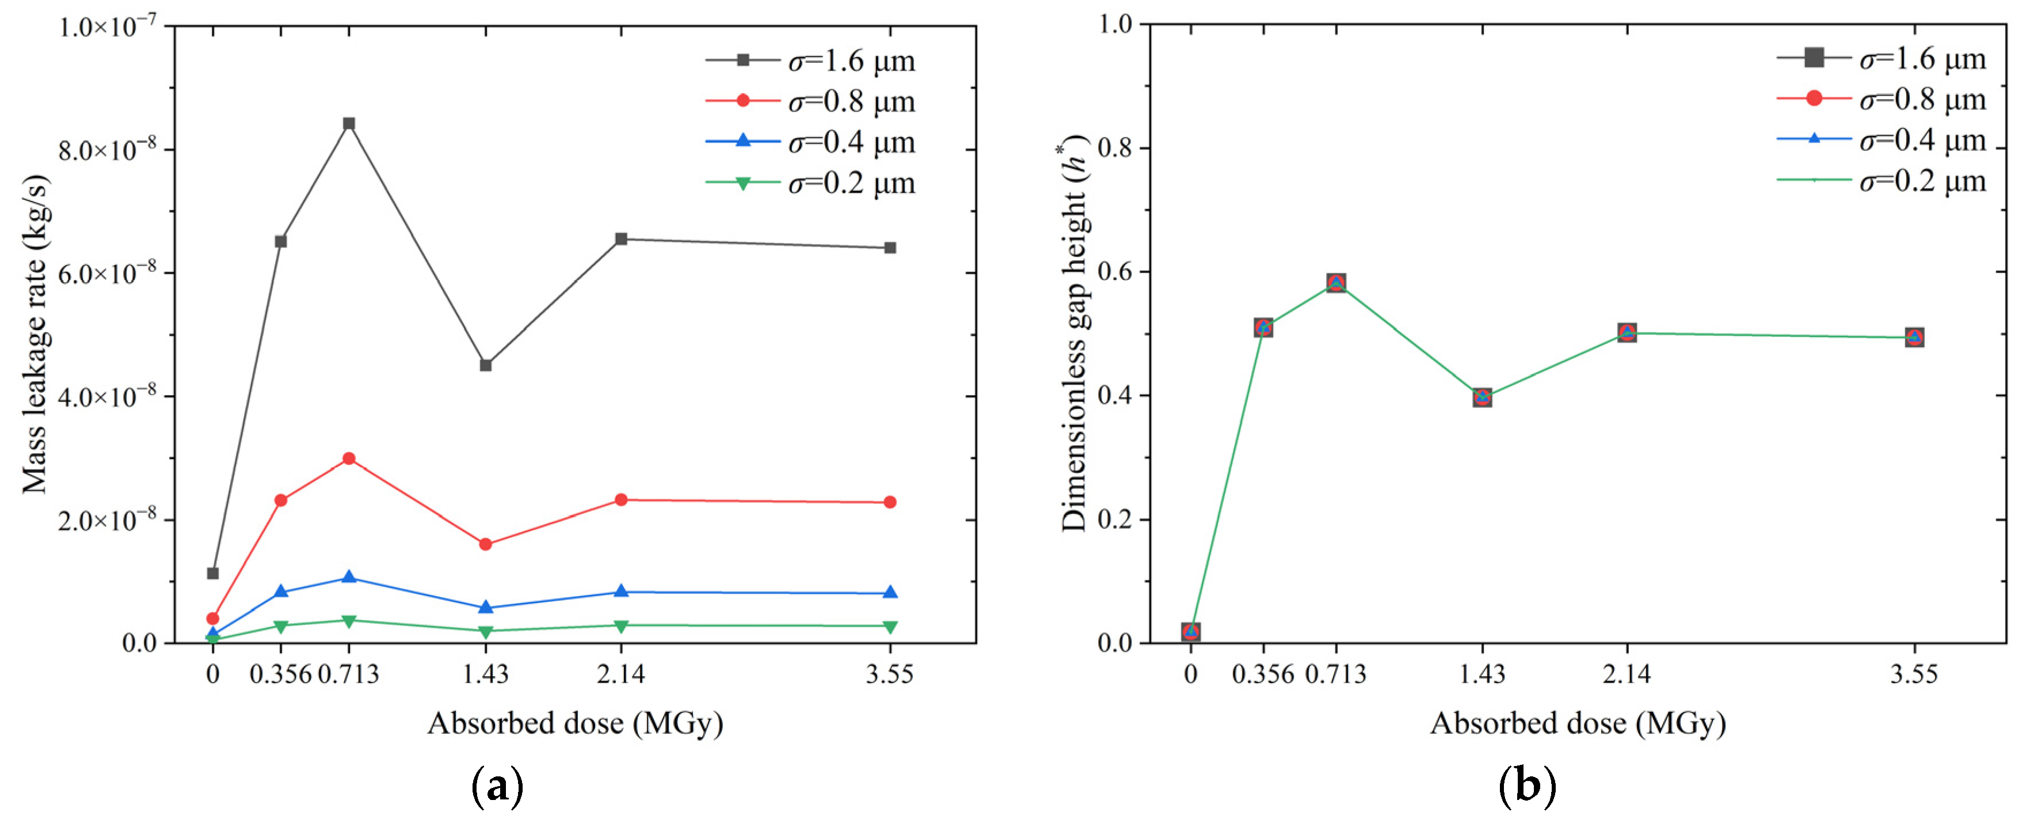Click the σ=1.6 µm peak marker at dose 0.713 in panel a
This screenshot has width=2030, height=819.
point(349,123)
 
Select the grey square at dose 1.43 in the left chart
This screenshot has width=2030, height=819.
point(485,365)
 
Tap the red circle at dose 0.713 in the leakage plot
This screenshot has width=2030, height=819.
point(349,458)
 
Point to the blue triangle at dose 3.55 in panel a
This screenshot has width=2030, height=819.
point(890,593)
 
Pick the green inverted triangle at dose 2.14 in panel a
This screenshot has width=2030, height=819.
point(621,626)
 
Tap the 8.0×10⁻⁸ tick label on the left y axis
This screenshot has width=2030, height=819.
point(107,150)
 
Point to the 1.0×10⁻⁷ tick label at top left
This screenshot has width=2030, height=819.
point(107,27)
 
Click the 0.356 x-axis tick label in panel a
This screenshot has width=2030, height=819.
point(280,674)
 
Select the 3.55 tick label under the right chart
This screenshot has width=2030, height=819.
point(1913,674)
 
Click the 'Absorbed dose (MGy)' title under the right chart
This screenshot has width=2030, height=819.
point(1578,723)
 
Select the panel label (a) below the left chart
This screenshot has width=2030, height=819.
point(497,786)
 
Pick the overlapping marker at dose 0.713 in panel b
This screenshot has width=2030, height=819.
point(1336,282)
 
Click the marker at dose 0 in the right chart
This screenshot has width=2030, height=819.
point(1191,631)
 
